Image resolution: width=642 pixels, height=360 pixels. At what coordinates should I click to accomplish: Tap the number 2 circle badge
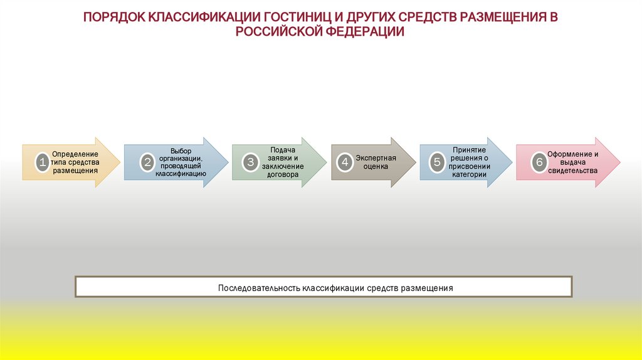point(147,162)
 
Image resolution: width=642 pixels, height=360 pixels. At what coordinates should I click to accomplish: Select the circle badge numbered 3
point(251,162)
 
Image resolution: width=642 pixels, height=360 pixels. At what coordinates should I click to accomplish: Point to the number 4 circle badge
point(344,162)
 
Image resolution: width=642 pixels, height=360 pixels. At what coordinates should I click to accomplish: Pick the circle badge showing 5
point(437,162)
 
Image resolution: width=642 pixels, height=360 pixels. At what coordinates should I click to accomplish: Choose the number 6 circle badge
point(539,162)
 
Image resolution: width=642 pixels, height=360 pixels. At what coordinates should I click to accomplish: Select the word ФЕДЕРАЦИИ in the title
point(365,32)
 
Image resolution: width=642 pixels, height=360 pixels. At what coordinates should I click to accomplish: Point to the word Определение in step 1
point(75,154)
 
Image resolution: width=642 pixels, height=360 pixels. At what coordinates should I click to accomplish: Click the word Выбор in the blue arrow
point(180,151)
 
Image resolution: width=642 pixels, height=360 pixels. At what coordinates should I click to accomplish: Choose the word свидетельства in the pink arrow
point(572,170)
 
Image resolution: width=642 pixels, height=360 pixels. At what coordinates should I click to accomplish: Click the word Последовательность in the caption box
point(259,289)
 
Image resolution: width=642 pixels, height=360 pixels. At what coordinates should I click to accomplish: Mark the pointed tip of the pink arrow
point(620,162)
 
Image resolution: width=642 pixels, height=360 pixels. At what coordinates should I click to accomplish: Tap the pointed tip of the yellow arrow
point(120,162)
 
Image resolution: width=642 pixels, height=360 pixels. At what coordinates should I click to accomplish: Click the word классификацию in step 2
point(181,173)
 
